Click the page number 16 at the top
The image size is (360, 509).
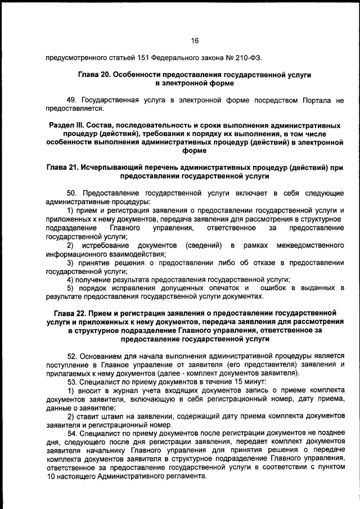coord(195,40)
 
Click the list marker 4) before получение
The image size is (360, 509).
coord(71,280)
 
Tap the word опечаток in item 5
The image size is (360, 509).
coord(222,288)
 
